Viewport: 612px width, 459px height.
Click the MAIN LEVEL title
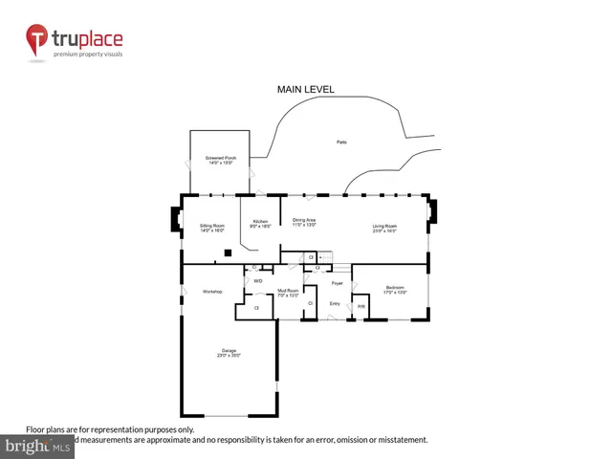(306, 89)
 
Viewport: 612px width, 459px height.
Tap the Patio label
(341, 142)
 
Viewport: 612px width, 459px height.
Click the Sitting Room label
(211, 228)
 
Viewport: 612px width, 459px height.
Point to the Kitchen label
(260, 223)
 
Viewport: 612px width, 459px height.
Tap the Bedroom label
(395, 289)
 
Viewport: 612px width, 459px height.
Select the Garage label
(228, 353)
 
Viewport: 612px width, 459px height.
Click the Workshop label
(212, 291)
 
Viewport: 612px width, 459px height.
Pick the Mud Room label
(288, 293)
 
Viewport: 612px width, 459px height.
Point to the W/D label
(258, 280)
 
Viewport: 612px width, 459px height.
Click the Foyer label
(337, 283)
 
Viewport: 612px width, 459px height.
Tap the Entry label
(335, 303)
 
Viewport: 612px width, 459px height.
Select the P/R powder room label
(361, 306)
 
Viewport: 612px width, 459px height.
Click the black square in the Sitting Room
(228, 252)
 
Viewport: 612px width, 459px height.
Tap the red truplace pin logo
(37, 40)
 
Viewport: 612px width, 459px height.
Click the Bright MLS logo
(37, 446)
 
